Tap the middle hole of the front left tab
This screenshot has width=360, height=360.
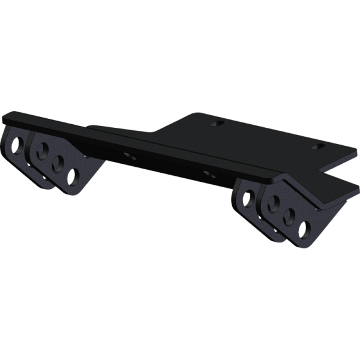click(59, 163)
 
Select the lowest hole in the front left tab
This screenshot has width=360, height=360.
click(74, 176)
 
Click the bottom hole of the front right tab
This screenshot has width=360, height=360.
click(305, 229)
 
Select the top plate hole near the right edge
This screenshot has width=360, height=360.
click(317, 146)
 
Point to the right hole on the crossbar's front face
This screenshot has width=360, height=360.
click(208, 173)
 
